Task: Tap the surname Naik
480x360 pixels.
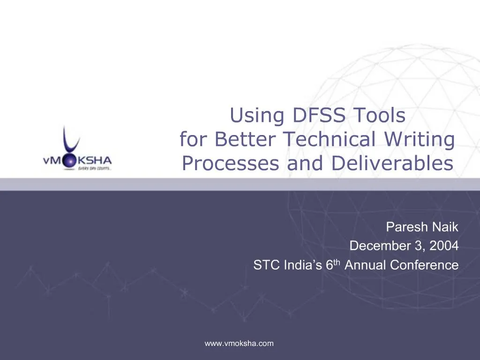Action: (x=444, y=228)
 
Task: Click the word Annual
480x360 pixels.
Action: (x=366, y=265)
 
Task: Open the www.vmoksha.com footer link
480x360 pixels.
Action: (x=239, y=344)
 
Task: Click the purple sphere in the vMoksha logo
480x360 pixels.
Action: (x=69, y=161)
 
